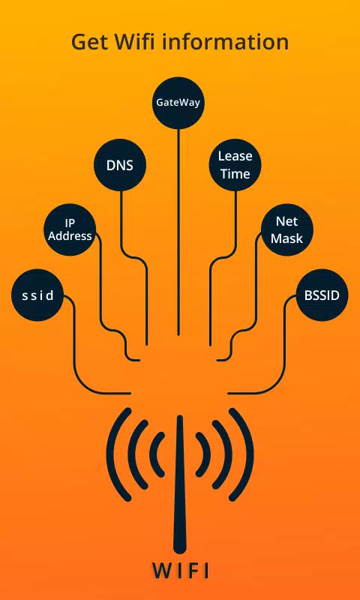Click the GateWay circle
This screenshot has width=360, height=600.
tap(178, 103)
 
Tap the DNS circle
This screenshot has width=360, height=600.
tap(120, 165)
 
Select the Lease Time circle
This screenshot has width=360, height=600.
tap(235, 165)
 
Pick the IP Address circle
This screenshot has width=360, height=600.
tap(70, 229)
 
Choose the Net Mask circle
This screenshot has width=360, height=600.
tap(287, 229)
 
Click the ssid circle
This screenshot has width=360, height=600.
tap(37, 295)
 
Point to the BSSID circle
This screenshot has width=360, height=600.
tap(322, 295)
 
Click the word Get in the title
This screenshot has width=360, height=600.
tap(88, 42)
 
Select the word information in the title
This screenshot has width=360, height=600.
tap(226, 41)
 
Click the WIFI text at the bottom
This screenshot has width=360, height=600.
tap(181, 570)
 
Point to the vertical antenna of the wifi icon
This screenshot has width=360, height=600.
tap(179, 484)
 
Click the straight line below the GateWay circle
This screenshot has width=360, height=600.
tap(178, 232)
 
